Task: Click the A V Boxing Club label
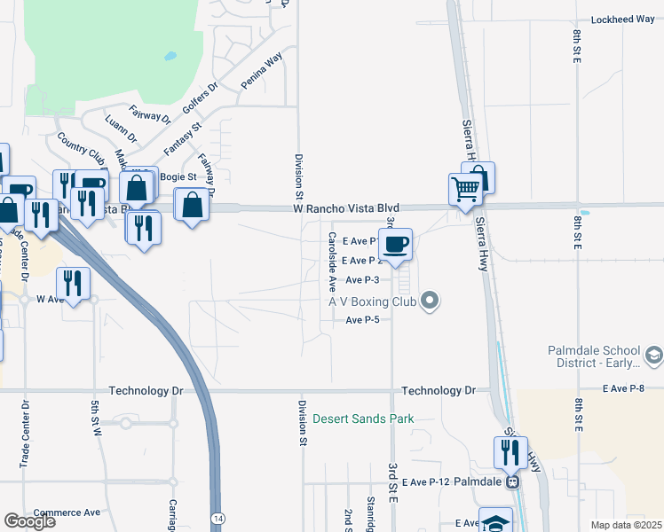pyautogui.click(x=373, y=302)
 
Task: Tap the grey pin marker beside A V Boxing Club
pyautogui.click(x=431, y=301)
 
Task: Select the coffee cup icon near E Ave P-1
pyautogui.click(x=396, y=243)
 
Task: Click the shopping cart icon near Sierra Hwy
pyautogui.click(x=465, y=189)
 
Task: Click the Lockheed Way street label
pyautogui.click(x=622, y=19)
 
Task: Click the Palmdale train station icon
pyautogui.click(x=512, y=482)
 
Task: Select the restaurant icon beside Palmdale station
pyautogui.click(x=510, y=453)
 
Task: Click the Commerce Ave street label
pyautogui.click(x=67, y=512)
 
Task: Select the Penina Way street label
pyautogui.click(x=261, y=71)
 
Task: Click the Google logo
pyautogui.click(x=29, y=521)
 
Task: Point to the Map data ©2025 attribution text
pyautogui.click(x=626, y=525)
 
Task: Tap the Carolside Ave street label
pyautogui.click(x=331, y=262)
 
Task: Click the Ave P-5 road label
pyautogui.click(x=362, y=320)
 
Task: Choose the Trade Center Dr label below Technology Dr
pyautogui.click(x=24, y=434)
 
